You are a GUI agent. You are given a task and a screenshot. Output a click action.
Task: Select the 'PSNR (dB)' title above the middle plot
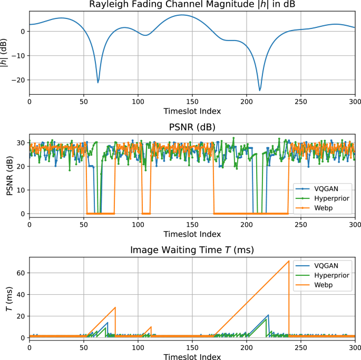(x=192, y=127)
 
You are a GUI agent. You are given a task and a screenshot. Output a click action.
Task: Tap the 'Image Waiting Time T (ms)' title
(x=192, y=249)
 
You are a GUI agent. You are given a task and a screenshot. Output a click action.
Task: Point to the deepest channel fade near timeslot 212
(x=260, y=90)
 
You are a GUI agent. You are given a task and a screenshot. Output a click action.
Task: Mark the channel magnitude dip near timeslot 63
(x=98, y=82)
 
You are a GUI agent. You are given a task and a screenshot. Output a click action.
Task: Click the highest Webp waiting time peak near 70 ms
(x=289, y=261)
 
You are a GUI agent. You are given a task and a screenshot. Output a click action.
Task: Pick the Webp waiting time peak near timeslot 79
(x=115, y=307)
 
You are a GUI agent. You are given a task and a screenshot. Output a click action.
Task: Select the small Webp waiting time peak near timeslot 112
(x=151, y=327)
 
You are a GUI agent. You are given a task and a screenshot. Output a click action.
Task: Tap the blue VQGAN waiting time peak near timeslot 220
(x=268, y=315)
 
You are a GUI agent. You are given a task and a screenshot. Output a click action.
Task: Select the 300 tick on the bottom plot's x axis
(x=355, y=347)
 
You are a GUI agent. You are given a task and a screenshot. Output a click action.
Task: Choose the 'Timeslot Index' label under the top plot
(x=192, y=112)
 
